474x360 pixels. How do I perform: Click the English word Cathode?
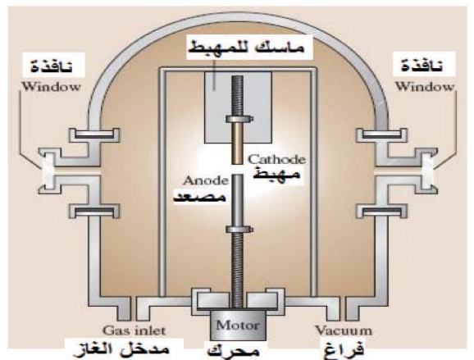[276, 159]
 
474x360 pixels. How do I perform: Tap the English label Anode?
[206, 180]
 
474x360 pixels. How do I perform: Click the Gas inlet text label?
[134, 330]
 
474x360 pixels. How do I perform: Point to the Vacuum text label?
[343, 330]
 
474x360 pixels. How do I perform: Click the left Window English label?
[51, 87]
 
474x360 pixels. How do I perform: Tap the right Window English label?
[425, 87]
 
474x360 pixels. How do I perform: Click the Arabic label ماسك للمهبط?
[246, 48]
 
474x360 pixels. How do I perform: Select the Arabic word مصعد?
[200, 196]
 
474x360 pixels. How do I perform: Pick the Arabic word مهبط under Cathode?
[276, 175]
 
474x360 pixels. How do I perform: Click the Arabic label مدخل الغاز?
[121, 350]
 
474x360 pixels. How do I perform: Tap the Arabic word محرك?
[233, 351]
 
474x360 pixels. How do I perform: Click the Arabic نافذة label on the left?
[52, 66]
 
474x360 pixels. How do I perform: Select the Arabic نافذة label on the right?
[422, 65]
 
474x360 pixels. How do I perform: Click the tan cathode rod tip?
[238, 162]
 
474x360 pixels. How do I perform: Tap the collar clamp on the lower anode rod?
[239, 230]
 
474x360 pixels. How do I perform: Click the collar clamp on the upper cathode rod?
[239, 119]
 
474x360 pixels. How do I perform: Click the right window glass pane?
[427, 171]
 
